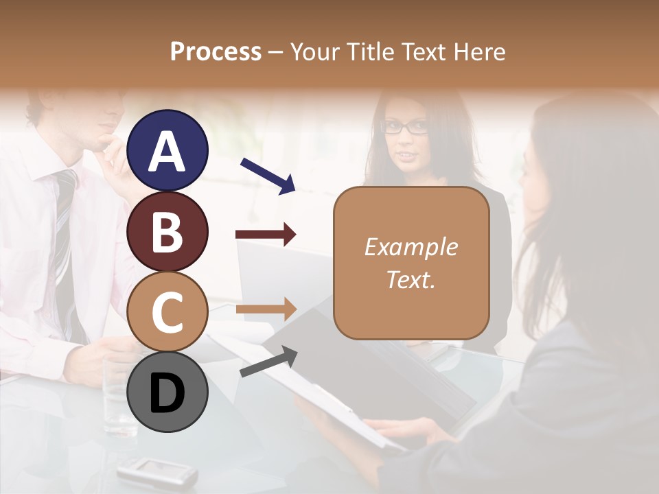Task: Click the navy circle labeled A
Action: pyautogui.click(x=167, y=150)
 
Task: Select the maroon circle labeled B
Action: pyautogui.click(x=167, y=231)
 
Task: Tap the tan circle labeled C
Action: pyautogui.click(x=167, y=312)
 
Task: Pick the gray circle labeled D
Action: pyautogui.click(x=167, y=392)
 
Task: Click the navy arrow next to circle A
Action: pyautogui.click(x=268, y=175)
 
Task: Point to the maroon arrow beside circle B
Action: pyautogui.click(x=266, y=235)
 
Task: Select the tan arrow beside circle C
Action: pyautogui.click(x=266, y=309)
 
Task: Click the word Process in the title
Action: pyautogui.click(x=216, y=51)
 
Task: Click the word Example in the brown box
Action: pyautogui.click(x=411, y=247)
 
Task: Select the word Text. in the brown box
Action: pyautogui.click(x=411, y=279)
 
